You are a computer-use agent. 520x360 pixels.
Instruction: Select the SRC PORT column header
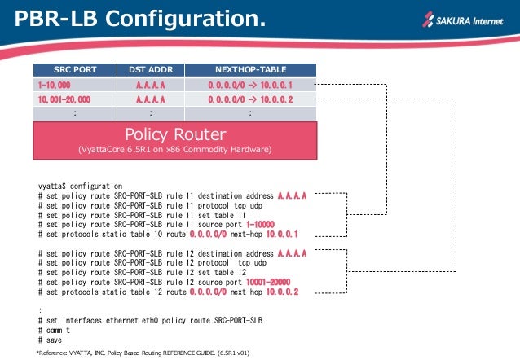(x=74, y=70)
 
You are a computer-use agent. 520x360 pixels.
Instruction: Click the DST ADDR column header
(x=150, y=70)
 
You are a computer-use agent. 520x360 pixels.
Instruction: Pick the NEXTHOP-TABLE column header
(x=249, y=70)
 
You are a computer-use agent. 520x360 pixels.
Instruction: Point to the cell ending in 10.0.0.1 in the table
(x=249, y=85)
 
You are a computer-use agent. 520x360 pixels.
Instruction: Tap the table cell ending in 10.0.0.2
(x=249, y=99)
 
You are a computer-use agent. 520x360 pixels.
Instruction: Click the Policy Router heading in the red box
(x=174, y=134)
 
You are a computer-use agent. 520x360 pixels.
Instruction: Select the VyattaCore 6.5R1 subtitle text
(x=174, y=150)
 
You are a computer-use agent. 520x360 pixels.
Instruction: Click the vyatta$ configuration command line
(x=80, y=187)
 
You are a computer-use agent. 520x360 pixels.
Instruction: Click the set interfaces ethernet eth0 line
(x=150, y=321)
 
